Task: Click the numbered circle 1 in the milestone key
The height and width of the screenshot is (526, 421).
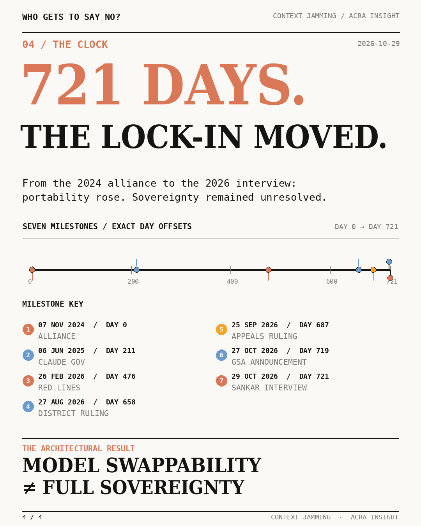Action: pyautogui.click(x=28, y=329)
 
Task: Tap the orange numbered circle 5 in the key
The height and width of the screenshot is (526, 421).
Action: pyautogui.click(x=221, y=329)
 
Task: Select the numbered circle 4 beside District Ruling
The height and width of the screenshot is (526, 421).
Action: pyautogui.click(x=28, y=406)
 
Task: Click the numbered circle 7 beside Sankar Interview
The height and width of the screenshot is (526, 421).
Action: pyautogui.click(x=221, y=381)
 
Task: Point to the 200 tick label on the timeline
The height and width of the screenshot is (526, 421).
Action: pyautogui.click(x=133, y=282)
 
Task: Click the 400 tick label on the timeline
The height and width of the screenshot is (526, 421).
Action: pyautogui.click(x=232, y=282)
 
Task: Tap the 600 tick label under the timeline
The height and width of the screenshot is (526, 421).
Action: pyautogui.click(x=331, y=282)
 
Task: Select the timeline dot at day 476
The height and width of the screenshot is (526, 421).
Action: pyautogui.click(x=268, y=270)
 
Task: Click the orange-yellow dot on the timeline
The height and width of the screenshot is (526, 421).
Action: pyautogui.click(x=373, y=270)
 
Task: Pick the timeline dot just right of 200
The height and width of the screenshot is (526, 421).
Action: pyautogui.click(x=137, y=270)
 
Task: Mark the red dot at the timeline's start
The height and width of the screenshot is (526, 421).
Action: pyautogui.click(x=32, y=270)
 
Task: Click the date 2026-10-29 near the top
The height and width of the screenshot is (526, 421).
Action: pyautogui.click(x=379, y=44)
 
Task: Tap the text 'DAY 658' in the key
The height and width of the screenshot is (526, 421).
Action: pyautogui.click(x=120, y=402)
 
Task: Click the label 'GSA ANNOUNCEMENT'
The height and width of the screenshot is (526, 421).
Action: pyautogui.click(x=269, y=362)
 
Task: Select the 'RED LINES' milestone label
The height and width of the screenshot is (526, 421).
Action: pyautogui.click(x=59, y=388)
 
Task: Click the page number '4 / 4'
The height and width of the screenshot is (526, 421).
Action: pyautogui.click(x=32, y=517)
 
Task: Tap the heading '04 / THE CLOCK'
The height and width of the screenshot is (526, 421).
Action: pyautogui.click(x=65, y=44)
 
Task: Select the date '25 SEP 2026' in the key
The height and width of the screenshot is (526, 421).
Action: pyautogui.click(x=255, y=325)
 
